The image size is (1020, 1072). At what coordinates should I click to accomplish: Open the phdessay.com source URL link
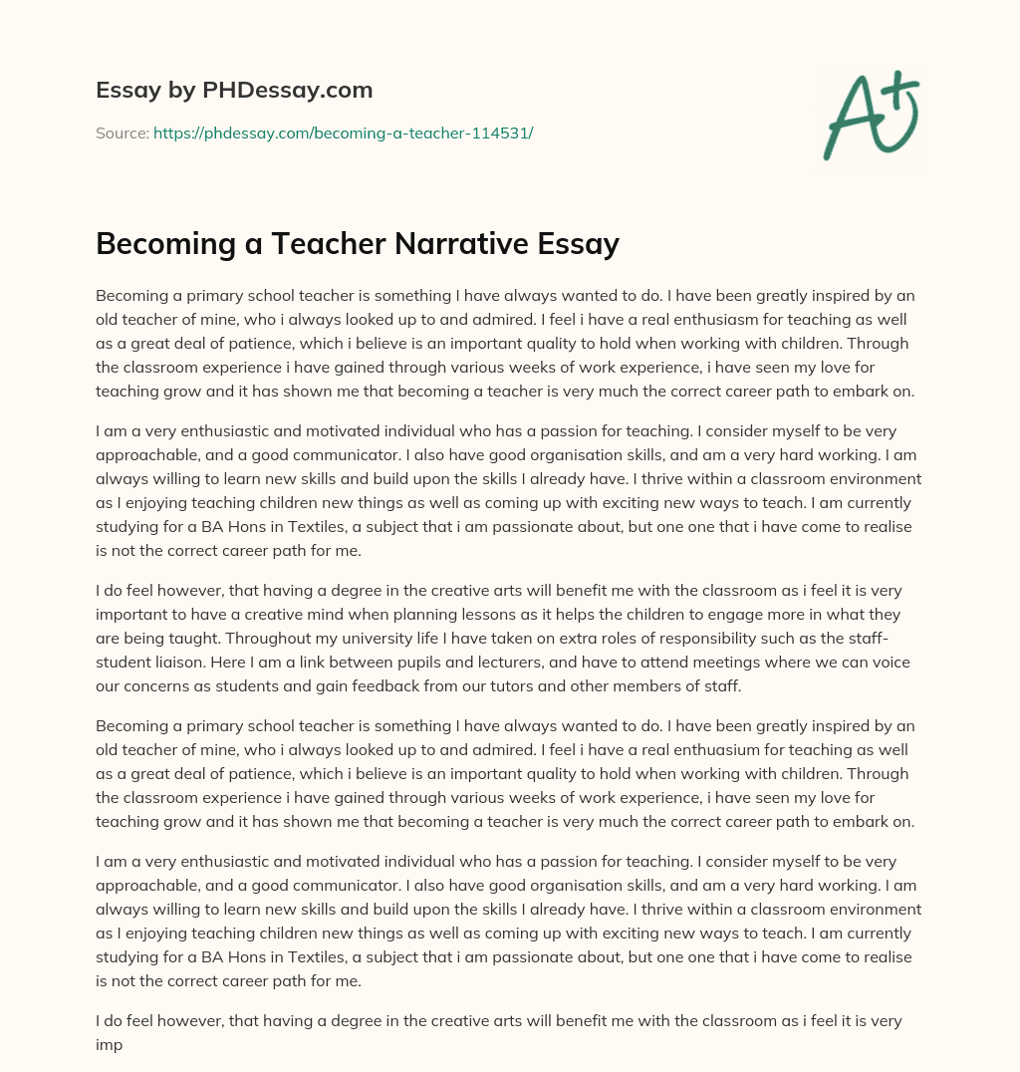343,133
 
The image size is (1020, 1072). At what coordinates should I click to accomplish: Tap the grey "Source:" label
123,133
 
